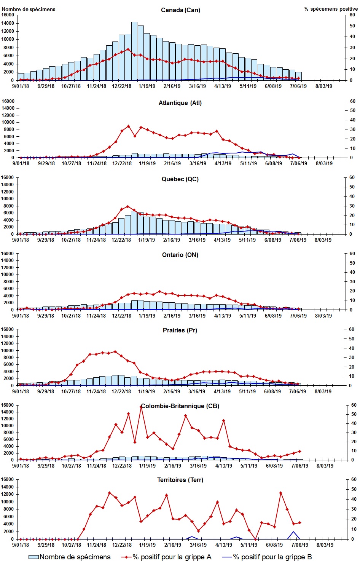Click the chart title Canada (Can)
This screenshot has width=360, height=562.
[180, 10]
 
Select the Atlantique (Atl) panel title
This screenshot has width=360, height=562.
[180, 103]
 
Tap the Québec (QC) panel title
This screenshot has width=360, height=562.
[180, 179]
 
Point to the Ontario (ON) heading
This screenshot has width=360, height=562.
[180, 255]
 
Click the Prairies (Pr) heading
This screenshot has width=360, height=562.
[180, 330]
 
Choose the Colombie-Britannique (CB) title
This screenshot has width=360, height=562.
[180, 406]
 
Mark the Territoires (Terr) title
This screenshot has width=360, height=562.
[180, 480]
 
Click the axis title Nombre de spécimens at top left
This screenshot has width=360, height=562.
[29, 9]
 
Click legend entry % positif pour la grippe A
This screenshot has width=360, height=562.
[172, 557]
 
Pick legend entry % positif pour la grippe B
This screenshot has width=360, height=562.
[272, 557]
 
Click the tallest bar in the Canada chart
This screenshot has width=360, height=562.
[134, 51]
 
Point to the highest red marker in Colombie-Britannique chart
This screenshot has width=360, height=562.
[141, 407]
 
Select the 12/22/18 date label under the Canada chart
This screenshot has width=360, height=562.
[121, 86]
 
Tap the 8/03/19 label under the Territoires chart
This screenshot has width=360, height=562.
[325, 545]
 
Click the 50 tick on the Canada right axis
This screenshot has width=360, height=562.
[352, 26]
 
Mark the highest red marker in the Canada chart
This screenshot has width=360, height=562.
[128, 49]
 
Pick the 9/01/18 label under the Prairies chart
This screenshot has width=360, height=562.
[21, 391]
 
